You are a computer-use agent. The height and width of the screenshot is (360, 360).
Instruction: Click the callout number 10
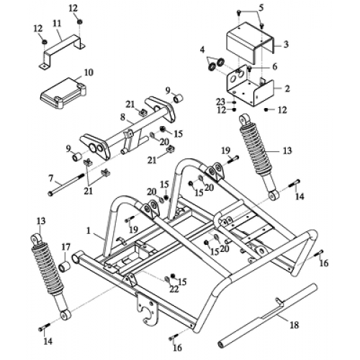click(89, 72)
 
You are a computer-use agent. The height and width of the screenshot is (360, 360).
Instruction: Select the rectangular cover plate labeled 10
click(61, 91)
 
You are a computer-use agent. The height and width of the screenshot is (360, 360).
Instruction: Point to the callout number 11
click(56, 23)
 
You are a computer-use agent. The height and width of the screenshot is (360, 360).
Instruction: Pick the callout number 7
click(50, 176)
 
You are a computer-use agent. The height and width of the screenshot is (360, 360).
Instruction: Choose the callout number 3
click(286, 44)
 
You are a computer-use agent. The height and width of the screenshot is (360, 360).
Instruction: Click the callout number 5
click(261, 7)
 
